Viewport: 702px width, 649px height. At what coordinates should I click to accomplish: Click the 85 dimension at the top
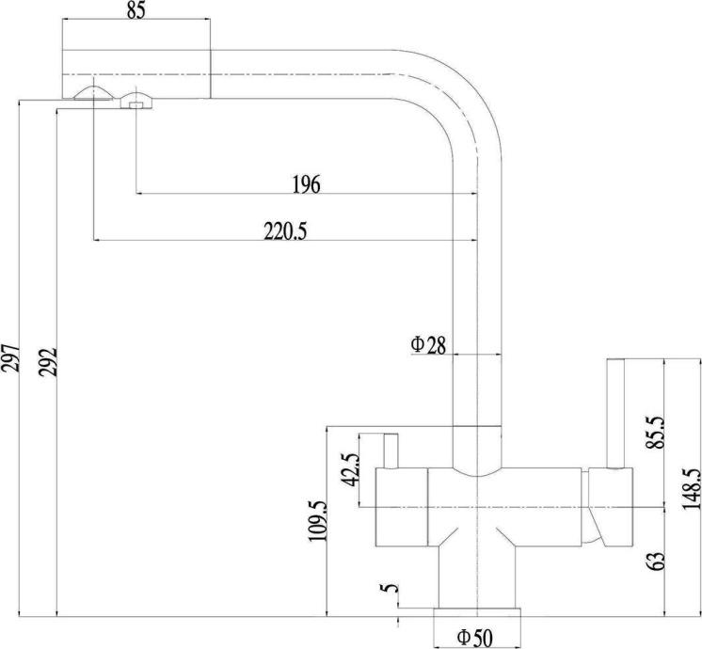(x=136, y=11)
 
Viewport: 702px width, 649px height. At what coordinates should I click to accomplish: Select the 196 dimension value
(x=305, y=184)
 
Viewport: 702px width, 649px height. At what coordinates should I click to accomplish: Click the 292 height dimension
(x=48, y=362)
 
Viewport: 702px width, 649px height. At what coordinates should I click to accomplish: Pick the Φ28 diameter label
(x=427, y=344)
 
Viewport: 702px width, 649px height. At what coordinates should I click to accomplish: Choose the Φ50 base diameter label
(x=475, y=638)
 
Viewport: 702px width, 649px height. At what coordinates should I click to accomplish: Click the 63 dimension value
(x=656, y=561)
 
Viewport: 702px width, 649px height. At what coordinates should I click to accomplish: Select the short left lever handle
(x=390, y=450)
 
